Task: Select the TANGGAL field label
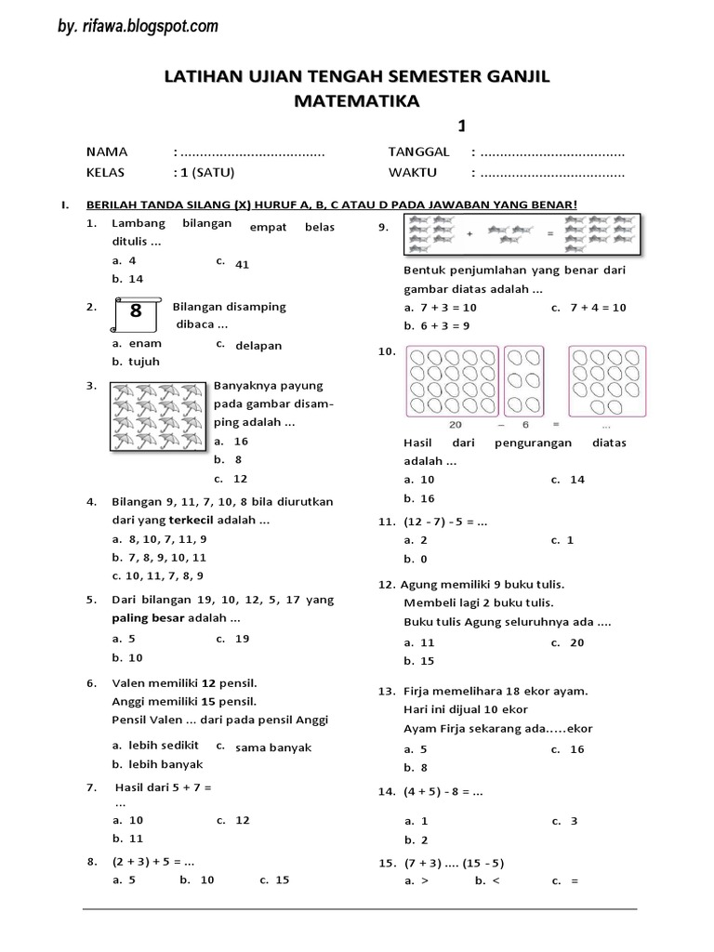(418, 152)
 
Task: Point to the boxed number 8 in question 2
(136, 312)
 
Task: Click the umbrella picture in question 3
(157, 417)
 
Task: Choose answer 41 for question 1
(243, 264)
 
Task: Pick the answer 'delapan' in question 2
(258, 345)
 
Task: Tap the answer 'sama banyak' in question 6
(273, 747)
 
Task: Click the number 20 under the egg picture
(456, 424)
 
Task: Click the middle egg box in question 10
(526, 380)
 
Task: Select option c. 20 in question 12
(576, 642)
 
